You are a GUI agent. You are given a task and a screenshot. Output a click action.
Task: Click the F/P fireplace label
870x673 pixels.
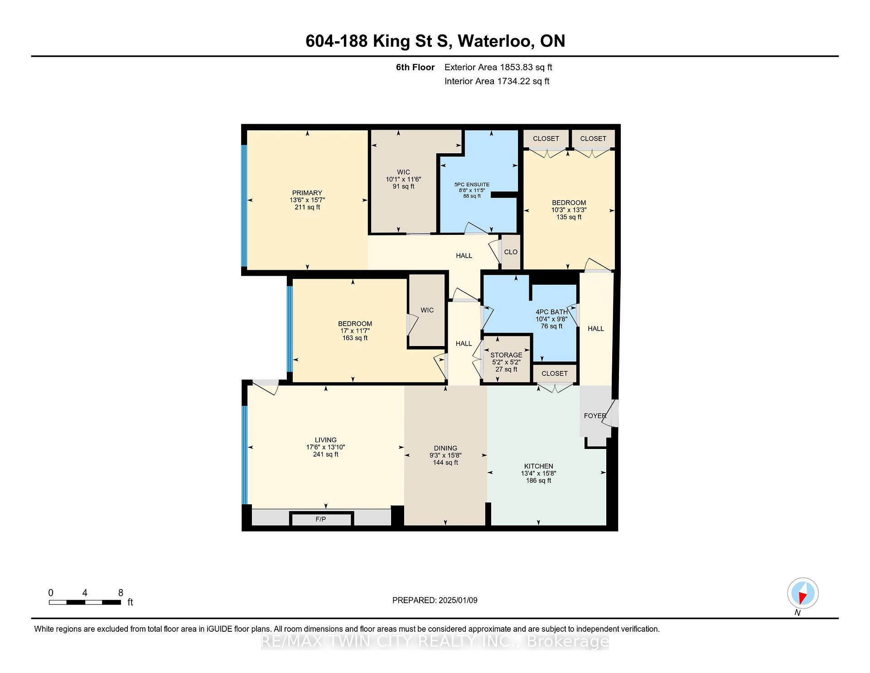pos(320,519)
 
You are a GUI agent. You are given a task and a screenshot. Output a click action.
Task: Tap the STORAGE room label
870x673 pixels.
pos(506,355)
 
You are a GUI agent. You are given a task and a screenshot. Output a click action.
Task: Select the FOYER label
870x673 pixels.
pos(595,416)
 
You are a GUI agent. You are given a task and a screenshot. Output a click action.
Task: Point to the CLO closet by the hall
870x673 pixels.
pos(511,252)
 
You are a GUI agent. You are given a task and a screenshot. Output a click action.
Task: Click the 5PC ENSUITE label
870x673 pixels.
pos(472,185)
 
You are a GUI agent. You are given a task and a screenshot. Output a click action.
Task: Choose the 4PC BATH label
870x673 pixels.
pos(551,312)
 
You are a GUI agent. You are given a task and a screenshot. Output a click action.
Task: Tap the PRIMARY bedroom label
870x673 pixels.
pos(307,193)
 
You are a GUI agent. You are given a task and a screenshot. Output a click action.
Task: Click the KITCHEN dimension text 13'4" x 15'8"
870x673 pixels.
pos(538,473)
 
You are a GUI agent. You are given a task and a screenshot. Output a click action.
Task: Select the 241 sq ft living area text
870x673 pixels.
pos(325,454)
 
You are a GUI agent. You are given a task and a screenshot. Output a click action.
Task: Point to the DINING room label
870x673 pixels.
pos(445,448)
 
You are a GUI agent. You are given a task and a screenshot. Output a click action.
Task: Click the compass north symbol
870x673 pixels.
pos(802,593)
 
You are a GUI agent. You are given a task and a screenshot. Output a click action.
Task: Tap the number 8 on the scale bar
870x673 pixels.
pos(121,593)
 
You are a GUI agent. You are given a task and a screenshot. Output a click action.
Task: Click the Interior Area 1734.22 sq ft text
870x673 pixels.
pos(497,81)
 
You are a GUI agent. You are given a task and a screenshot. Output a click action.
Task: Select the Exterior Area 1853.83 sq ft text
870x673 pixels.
pos(498,67)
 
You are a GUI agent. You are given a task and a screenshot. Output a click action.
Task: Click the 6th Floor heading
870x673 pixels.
pos(415,67)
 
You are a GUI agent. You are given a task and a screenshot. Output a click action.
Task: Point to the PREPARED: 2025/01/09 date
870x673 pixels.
pos(435,600)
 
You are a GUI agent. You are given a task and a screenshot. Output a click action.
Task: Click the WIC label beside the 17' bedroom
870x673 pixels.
pos(427,310)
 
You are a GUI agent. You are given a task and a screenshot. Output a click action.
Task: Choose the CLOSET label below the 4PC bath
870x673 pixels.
pos(555,374)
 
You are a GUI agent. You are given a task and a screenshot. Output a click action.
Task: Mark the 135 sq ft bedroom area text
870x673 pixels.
pos(569,217)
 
